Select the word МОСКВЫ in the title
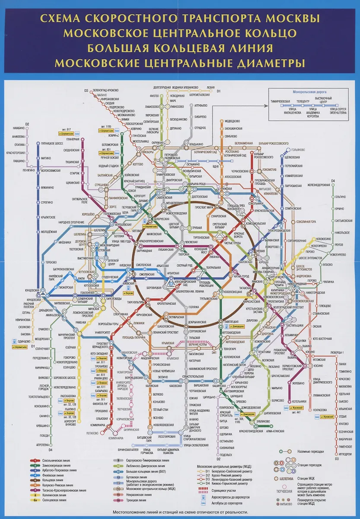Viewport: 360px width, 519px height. [293, 19]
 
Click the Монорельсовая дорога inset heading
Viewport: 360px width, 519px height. [309, 92]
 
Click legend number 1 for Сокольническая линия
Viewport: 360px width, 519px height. [32, 461]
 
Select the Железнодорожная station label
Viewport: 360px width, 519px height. [319, 185]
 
